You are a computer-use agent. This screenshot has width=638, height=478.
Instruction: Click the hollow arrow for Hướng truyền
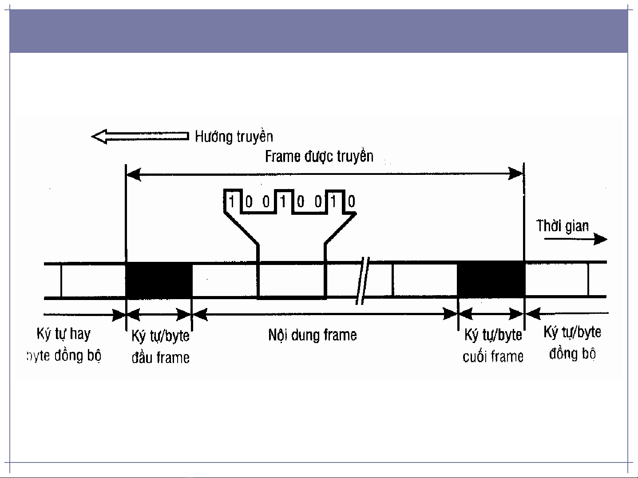click(140, 136)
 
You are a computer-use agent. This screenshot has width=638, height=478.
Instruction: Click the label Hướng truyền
click(234, 136)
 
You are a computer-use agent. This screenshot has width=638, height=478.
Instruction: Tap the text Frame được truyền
click(319, 156)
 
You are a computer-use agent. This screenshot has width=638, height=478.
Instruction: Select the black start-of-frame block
click(159, 280)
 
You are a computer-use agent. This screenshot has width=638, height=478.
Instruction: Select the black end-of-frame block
click(491, 280)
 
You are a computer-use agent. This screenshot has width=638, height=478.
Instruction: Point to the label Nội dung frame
click(312, 335)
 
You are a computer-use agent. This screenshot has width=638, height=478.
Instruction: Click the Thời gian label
click(563, 226)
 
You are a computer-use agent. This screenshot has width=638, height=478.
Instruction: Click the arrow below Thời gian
click(575, 239)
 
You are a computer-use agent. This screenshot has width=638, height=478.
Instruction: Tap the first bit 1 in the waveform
click(231, 202)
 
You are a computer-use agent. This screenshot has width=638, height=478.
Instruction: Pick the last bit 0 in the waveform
click(351, 202)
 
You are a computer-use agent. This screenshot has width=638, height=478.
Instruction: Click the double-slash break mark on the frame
click(363, 280)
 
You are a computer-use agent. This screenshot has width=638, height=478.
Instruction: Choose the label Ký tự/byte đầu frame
click(160, 346)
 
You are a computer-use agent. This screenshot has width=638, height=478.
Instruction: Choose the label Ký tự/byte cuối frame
click(493, 345)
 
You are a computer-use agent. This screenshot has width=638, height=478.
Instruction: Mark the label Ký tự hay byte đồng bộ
click(64, 344)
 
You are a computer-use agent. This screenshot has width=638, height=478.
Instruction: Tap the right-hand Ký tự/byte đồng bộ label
click(572, 343)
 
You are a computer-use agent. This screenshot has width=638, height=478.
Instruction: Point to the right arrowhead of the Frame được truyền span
click(516, 174)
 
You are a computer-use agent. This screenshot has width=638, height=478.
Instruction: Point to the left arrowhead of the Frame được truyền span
click(134, 174)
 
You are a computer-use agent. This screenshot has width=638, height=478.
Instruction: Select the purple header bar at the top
click(318, 31)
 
